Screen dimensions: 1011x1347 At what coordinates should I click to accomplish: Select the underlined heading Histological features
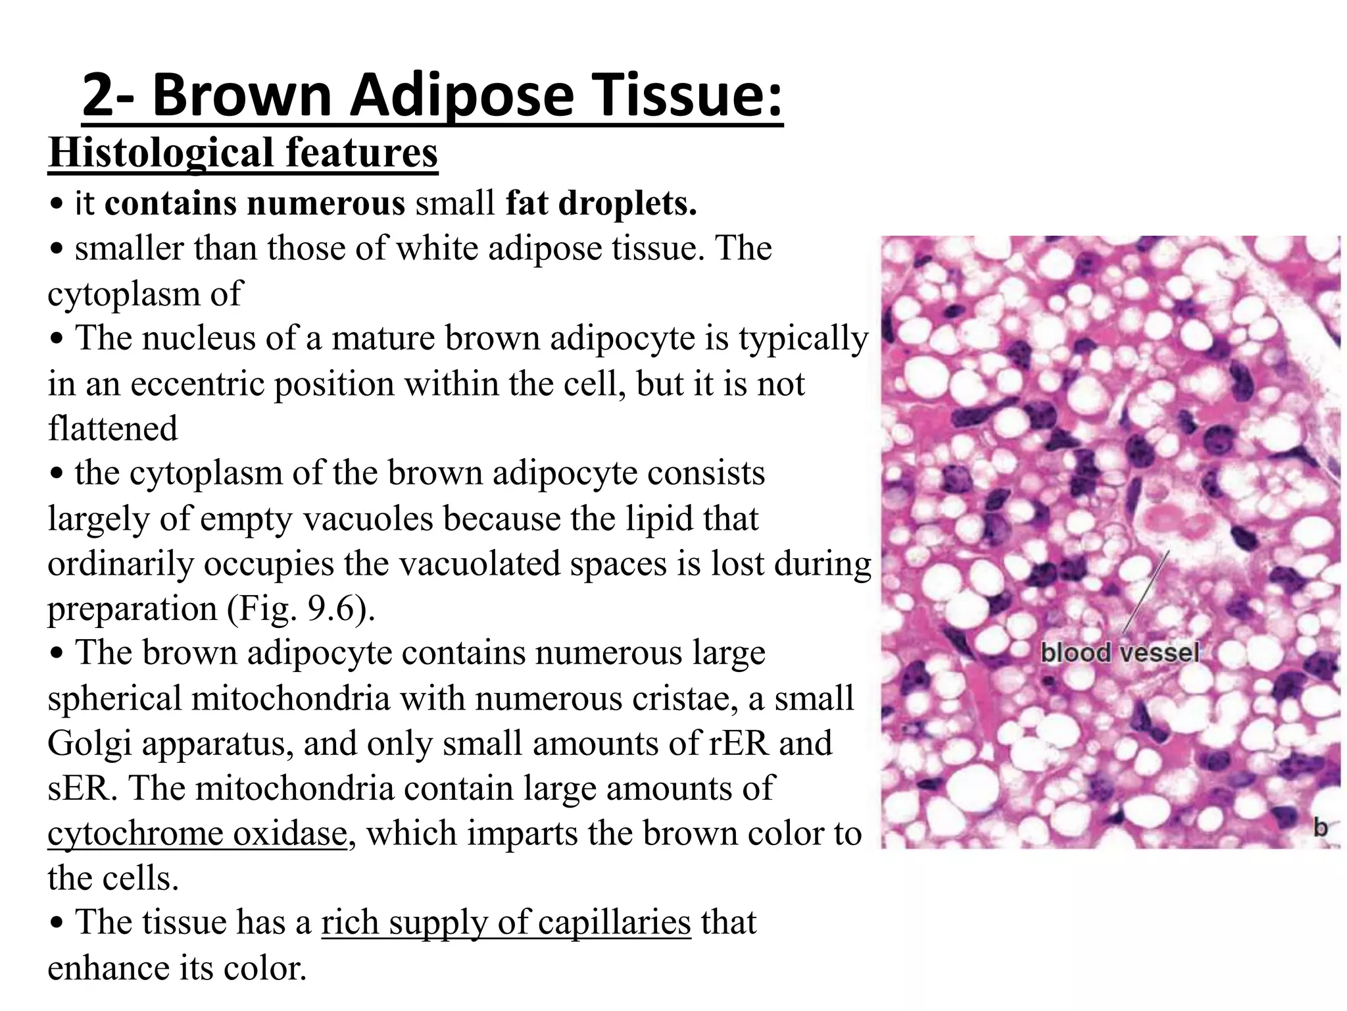pos(243,153)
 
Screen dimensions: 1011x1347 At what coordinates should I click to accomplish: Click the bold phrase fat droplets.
pos(601,203)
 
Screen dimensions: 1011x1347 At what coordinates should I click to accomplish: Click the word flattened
pos(112,428)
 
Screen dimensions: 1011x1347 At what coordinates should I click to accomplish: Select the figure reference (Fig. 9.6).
pos(301,609)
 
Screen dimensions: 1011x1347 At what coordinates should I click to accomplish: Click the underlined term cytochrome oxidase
pos(197,834)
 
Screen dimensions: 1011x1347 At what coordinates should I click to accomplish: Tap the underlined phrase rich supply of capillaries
pos(506,923)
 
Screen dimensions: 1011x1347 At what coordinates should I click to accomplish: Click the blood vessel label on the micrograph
pos(1119,653)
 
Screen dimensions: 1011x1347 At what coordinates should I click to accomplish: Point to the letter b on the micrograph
pos(1320,827)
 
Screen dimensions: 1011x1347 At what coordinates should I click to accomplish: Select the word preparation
pos(132,609)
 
